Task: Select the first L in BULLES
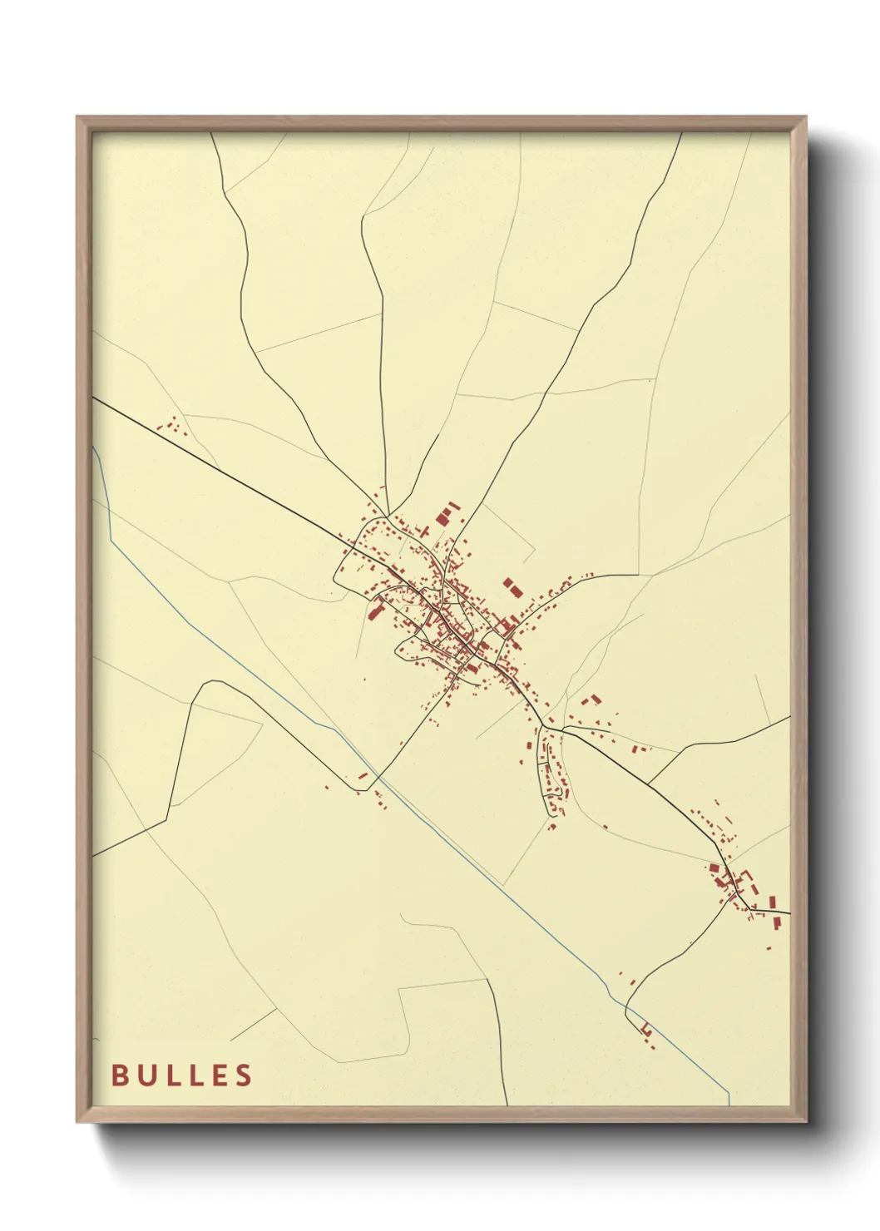coord(173,1075)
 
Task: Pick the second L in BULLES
coord(197,1075)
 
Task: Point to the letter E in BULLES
coord(220,1075)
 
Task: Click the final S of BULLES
coord(245,1075)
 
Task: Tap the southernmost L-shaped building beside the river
coord(646,1031)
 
